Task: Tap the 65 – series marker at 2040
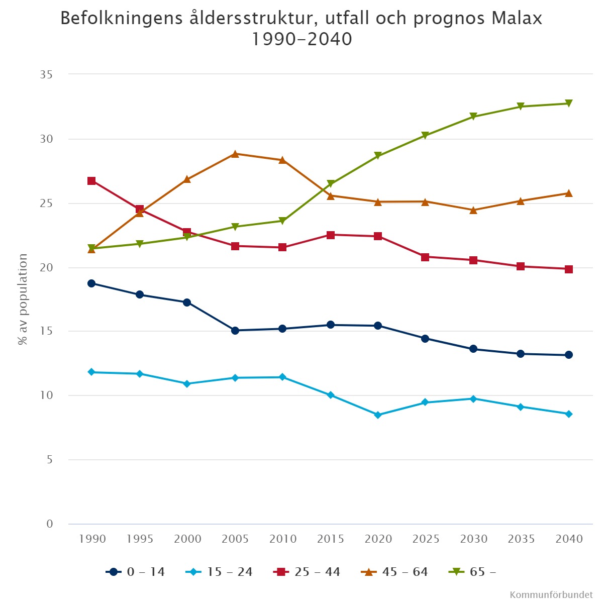coord(568,104)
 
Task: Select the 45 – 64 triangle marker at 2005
coord(235,154)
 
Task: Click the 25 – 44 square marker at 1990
coord(91,181)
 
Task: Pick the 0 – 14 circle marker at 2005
coord(235,331)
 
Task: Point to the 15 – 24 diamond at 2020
coord(378,415)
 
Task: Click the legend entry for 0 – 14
coord(136,572)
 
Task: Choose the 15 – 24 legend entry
coord(220,572)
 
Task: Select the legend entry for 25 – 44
coord(308,572)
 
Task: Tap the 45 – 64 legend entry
coord(395,572)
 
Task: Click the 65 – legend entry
coord(473,572)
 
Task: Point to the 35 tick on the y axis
coord(46,75)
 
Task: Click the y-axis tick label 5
coord(49,460)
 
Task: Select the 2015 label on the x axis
coord(331,539)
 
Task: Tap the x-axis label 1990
coord(92,539)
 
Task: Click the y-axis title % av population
coord(23,299)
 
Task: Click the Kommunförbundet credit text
coord(551,595)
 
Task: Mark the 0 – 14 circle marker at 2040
coord(568,355)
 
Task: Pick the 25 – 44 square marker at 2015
coord(331,235)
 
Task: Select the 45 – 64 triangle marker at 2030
coord(473,210)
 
